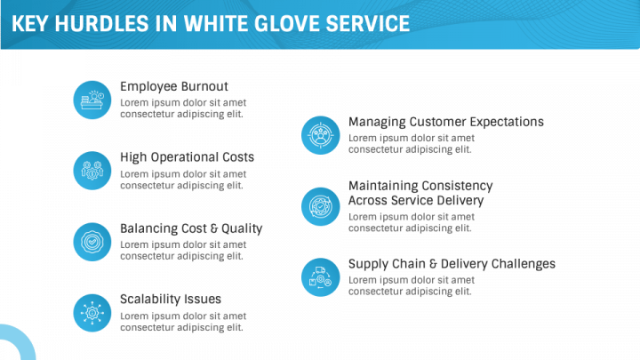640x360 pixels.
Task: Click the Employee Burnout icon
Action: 92,100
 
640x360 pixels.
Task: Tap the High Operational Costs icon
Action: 92,171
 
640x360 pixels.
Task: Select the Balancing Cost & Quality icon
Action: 92,242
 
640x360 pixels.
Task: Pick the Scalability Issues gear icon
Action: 92,313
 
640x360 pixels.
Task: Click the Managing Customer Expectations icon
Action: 320,135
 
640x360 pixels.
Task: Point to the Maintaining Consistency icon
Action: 320,206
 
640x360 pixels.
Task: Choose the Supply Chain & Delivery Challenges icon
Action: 320,277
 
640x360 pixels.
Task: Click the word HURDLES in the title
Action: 101,24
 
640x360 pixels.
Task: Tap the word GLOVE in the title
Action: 287,24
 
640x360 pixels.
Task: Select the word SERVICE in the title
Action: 368,24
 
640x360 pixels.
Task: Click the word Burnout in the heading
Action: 204,86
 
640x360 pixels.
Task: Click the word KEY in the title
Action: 30,24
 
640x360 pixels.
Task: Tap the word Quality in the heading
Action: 242,229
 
